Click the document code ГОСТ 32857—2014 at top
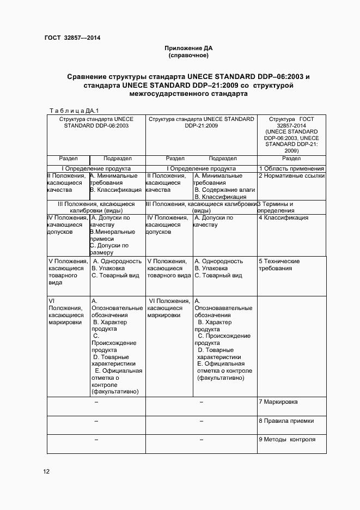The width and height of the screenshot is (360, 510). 72,38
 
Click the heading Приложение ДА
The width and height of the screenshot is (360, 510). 188,48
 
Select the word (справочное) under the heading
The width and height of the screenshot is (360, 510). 188,55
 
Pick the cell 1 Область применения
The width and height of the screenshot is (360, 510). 291,168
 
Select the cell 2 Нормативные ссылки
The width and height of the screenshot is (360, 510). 291,176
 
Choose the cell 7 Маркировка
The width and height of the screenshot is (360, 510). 278,402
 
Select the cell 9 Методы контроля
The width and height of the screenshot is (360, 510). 286,440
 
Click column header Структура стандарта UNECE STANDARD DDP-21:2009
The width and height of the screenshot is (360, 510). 202,122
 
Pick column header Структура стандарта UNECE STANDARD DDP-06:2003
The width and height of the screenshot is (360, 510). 96,122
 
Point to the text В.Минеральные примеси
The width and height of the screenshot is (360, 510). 108,235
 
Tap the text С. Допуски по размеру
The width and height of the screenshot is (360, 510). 109,249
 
